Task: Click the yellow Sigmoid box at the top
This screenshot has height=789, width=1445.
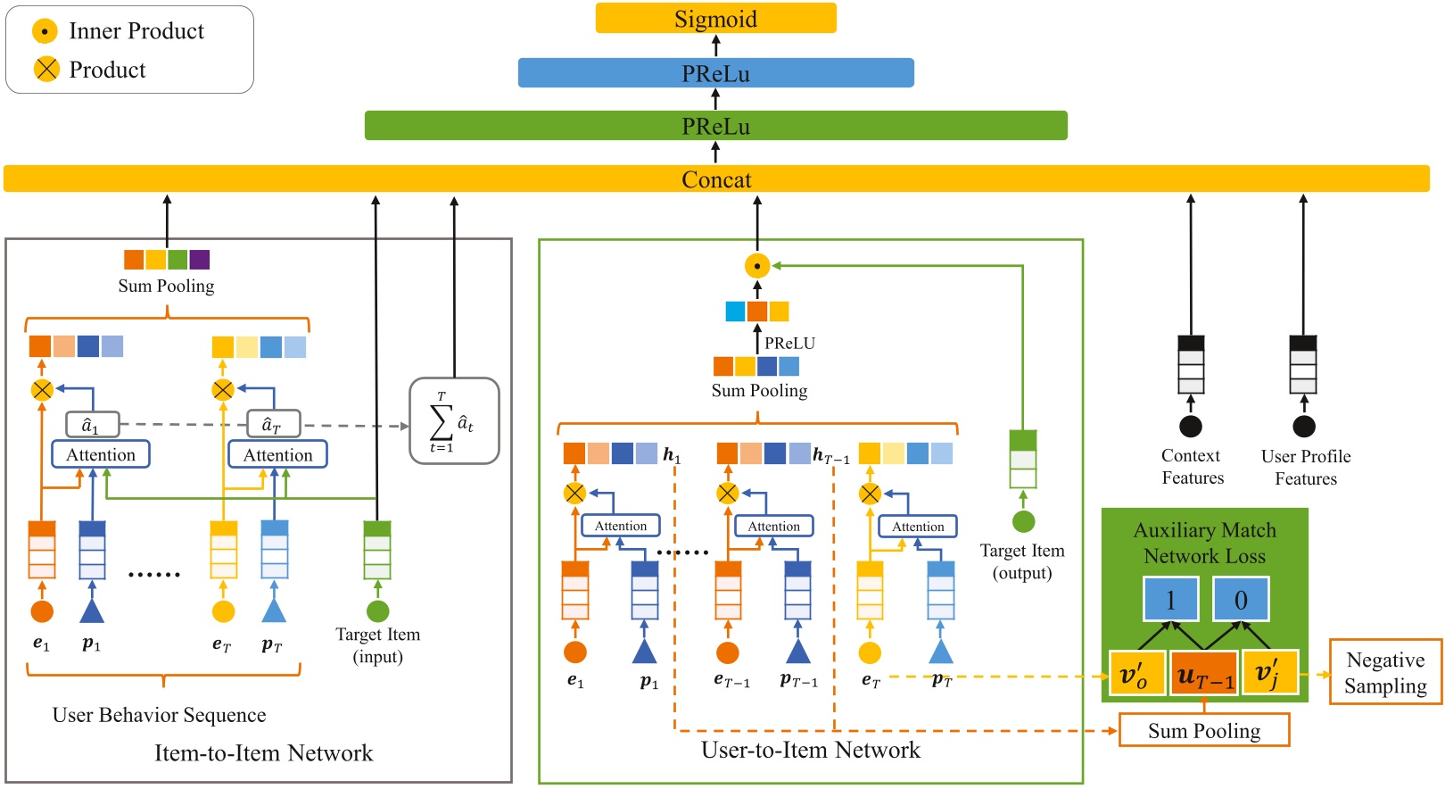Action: point(715,19)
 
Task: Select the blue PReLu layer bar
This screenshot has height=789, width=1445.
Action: point(715,73)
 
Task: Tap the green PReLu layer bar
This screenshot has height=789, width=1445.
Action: point(715,126)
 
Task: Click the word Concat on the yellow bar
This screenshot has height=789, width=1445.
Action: point(716,179)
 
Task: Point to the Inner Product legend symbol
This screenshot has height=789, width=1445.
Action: point(45,31)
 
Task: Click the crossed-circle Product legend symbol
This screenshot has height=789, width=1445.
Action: point(45,69)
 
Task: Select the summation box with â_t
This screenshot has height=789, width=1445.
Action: point(453,420)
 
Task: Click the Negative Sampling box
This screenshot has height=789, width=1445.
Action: point(1384,672)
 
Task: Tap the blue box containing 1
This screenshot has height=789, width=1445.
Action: point(1170,600)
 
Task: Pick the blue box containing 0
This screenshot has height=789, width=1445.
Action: point(1240,600)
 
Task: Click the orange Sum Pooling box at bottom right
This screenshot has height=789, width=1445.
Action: point(1203,731)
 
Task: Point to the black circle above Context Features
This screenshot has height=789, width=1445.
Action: point(1190,427)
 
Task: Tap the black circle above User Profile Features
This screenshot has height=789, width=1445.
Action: point(1303,427)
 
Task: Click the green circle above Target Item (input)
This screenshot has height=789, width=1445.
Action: point(377,611)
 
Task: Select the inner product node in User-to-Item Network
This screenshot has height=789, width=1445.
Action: point(756,266)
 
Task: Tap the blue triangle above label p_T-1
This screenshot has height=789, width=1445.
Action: point(797,652)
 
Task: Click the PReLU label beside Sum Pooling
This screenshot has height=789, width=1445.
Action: point(789,343)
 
